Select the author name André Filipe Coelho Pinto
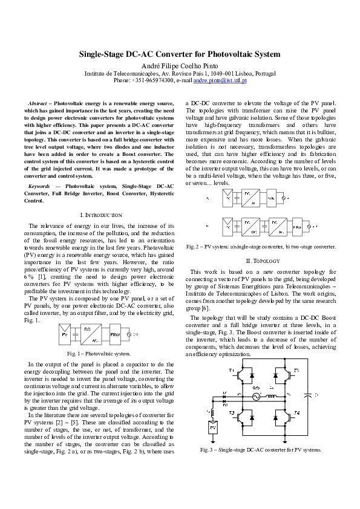(x=180, y=65)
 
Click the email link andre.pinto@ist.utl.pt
(x=220, y=80)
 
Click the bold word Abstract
(x=39, y=104)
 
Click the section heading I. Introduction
(x=100, y=215)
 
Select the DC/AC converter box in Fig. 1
(x=90, y=333)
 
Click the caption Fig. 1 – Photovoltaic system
(x=99, y=353)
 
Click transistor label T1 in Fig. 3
(x=231, y=369)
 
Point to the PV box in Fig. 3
(x=213, y=428)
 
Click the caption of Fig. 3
(x=261, y=450)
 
